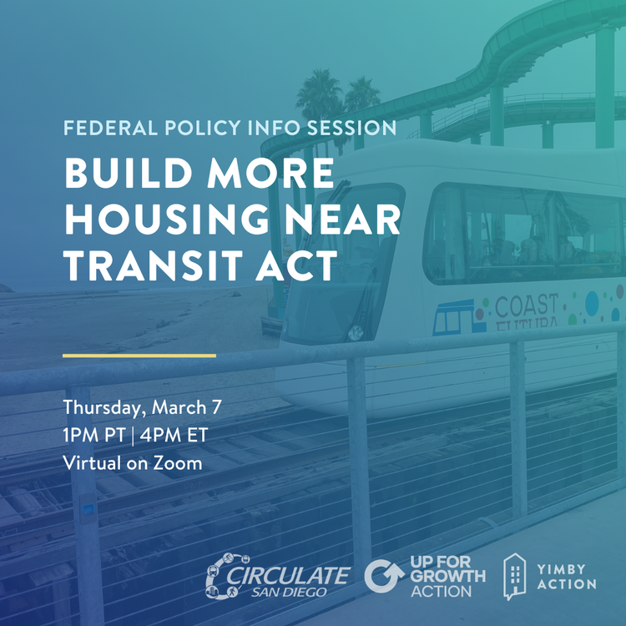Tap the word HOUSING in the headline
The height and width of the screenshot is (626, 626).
tap(166, 219)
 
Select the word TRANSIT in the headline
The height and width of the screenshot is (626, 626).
tap(154, 265)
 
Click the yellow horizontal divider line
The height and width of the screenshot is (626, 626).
tap(139, 356)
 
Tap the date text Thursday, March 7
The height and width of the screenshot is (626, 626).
tap(142, 407)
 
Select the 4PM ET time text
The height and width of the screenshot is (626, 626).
tap(174, 435)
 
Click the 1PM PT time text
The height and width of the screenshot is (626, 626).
tap(94, 435)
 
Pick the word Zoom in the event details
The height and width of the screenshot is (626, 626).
tap(178, 463)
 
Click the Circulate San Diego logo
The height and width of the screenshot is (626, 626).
tap(278, 577)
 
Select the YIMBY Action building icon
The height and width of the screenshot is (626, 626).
tap(515, 576)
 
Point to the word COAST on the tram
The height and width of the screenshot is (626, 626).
tap(526, 305)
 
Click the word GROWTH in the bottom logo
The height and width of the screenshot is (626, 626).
tap(448, 576)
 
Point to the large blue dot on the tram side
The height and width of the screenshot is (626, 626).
tap(592, 304)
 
